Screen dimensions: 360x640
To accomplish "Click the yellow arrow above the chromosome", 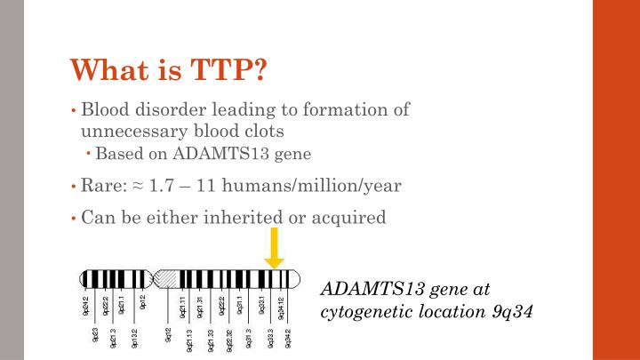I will coord(275,249).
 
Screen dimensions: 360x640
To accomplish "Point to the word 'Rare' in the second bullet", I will coord(99,186).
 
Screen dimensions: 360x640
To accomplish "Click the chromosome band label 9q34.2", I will coord(288,340).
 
